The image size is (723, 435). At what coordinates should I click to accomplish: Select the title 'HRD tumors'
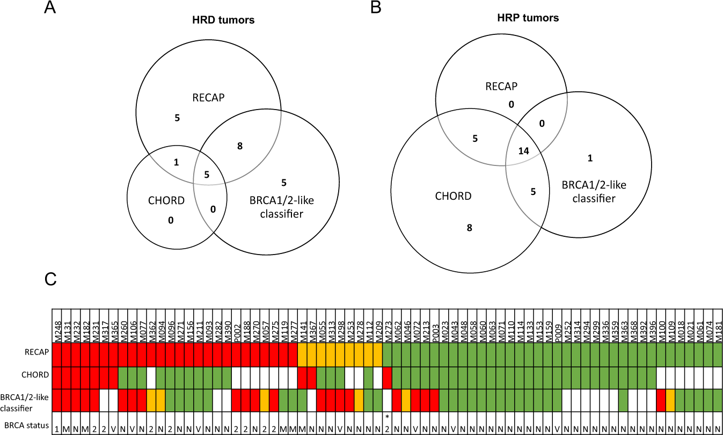coord(223,21)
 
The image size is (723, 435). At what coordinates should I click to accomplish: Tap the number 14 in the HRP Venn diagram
coord(524,151)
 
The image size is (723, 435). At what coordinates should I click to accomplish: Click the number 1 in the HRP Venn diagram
coord(590,158)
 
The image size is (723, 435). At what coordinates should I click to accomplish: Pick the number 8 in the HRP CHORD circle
coord(469,228)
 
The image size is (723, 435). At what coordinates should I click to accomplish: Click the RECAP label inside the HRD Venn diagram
coord(208,98)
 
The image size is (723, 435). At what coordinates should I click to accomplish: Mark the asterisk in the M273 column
coord(387,416)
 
